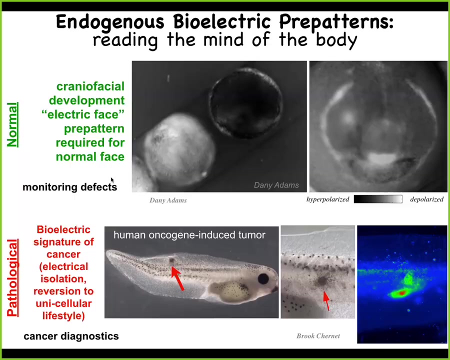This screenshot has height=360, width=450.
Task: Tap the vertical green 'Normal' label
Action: point(12,124)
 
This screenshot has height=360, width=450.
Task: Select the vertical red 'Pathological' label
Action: point(12,277)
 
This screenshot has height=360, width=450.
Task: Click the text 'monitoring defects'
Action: point(69,187)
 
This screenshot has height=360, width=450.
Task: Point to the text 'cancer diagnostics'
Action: point(71,336)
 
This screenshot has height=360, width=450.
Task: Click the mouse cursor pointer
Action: point(112,180)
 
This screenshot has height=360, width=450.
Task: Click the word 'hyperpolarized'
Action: point(327,199)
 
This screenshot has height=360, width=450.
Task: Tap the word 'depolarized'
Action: point(427,199)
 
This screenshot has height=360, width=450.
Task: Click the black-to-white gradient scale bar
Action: point(378,199)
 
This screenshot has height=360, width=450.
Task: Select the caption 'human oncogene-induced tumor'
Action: point(189,235)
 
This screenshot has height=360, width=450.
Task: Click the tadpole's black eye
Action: point(263,279)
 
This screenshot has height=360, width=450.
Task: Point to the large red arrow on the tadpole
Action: point(177,278)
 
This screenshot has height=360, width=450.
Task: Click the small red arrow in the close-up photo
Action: point(326,301)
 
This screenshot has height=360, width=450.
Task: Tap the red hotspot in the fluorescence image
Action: point(402,293)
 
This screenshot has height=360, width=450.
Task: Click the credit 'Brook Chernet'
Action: point(318,336)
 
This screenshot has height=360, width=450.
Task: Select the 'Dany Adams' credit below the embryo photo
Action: point(168,200)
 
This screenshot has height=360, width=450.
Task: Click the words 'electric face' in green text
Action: point(83,114)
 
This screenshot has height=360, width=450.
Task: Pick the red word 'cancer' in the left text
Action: point(63,254)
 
